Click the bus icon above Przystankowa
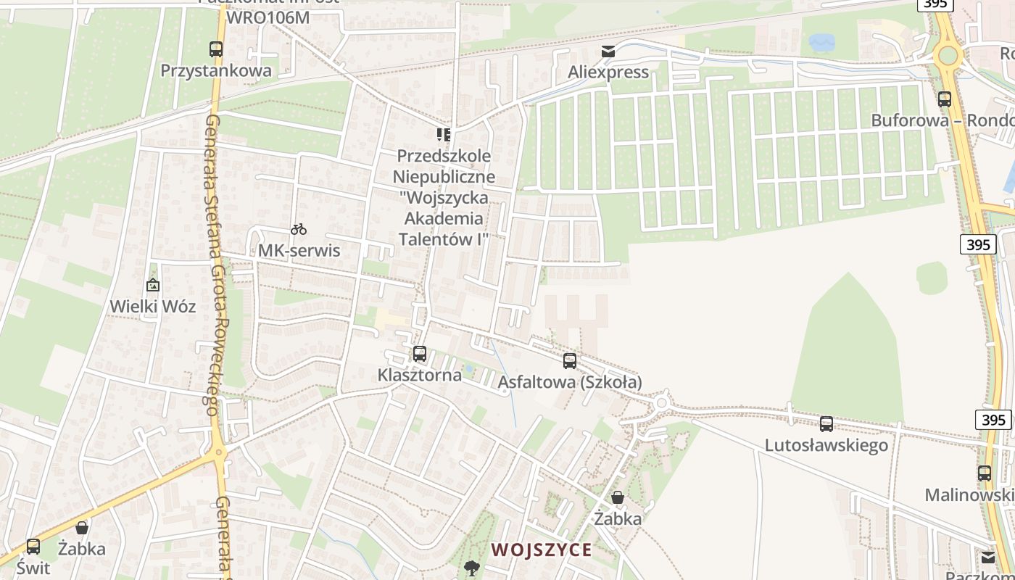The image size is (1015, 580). pyautogui.click(x=216, y=49)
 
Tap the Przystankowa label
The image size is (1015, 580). pyautogui.click(x=216, y=70)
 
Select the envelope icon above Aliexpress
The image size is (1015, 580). pyautogui.click(x=608, y=51)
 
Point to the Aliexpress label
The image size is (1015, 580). pyautogui.click(x=608, y=72)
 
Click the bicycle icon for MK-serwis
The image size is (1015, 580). pyautogui.click(x=299, y=229)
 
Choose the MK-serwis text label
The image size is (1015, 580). pyautogui.click(x=299, y=251)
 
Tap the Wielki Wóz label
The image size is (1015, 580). pyautogui.click(x=152, y=306)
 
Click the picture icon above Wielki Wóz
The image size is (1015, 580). pyautogui.click(x=152, y=285)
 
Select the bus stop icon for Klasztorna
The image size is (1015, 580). pyautogui.click(x=419, y=354)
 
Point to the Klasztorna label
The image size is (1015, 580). pyautogui.click(x=419, y=375)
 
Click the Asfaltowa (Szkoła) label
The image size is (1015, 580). pyautogui.click(x=571, y=381)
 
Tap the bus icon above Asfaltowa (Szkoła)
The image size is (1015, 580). pyautogui.click(x=570, y=360)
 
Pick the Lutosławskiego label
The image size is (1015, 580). pyautogui.click(x=826, y=444)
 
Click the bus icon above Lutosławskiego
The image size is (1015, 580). pyautogui.click(x=826, y=423)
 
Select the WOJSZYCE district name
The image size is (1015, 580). pyautogui.click(x=542, y=550)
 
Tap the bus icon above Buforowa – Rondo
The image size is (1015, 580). pyautogui.click(x=945, y=99)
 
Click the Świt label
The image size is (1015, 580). pyautogui.click(x=33, y=567)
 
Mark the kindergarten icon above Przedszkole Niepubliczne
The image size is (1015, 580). pyautogui.click(x=444, y=134)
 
